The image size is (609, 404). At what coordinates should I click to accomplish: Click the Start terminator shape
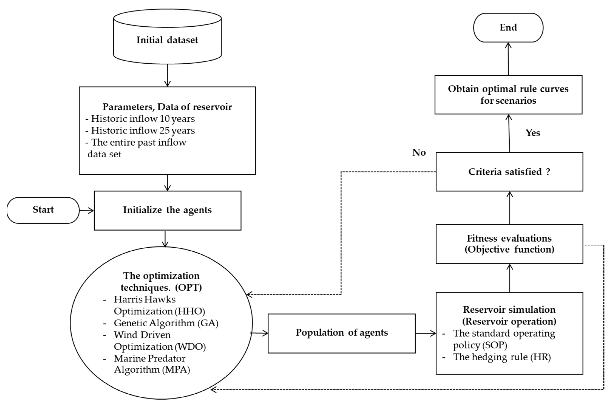(x=43, y=210)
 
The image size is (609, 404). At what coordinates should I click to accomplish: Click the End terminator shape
(x=508, y=28)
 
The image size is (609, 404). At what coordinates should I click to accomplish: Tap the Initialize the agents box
(x=167, y=210)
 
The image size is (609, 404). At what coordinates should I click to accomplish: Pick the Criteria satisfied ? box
(x=509, y=172)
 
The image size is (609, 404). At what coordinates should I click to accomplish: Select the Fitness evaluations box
(x=509, y=244)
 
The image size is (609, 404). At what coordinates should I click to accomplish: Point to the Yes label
(x=533, y=133)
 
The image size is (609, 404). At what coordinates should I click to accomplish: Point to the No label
(x=419, y=153)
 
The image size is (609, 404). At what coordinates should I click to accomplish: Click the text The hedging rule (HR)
(x=502, y=357)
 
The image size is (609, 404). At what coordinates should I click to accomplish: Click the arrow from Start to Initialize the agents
(x=86, y=211)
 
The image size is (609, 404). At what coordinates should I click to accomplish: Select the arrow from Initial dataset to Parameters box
(x=167, y=75)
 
